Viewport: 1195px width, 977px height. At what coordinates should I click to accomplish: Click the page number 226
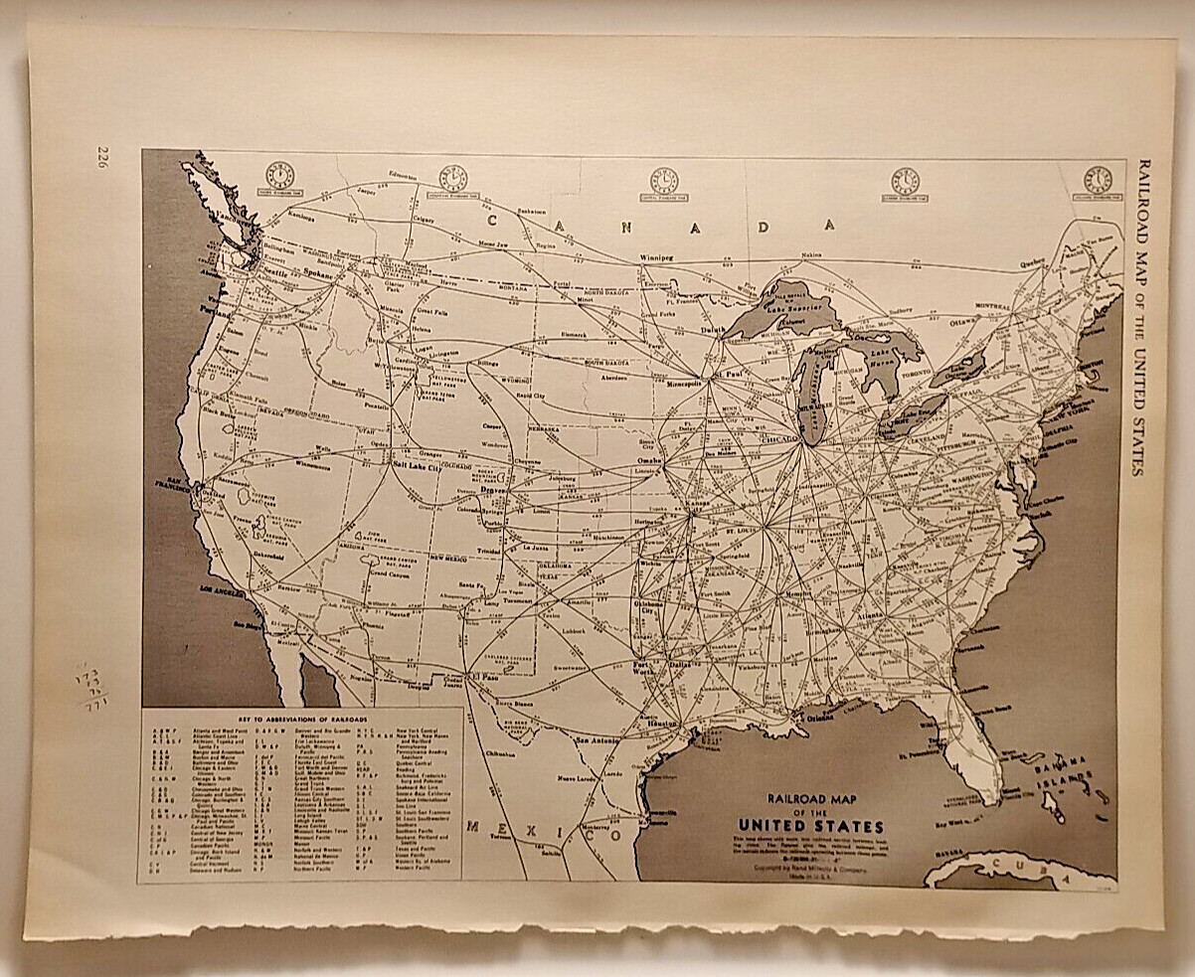pyautogui.click(x=101, y=157)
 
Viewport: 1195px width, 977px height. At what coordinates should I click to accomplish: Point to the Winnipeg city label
pyautogui.click(x=655, y=257)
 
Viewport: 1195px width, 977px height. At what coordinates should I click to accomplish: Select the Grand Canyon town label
pyautogui.click(x=387, y=573)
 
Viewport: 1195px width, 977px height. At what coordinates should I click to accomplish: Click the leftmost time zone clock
pyautogui.click(x=280, y=177)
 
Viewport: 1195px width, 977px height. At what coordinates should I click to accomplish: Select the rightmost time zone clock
pyautogui.click(x=1098, y=180)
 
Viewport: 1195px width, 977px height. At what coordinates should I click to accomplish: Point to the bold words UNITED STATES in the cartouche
pyautogui.click(x=811, y=826)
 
